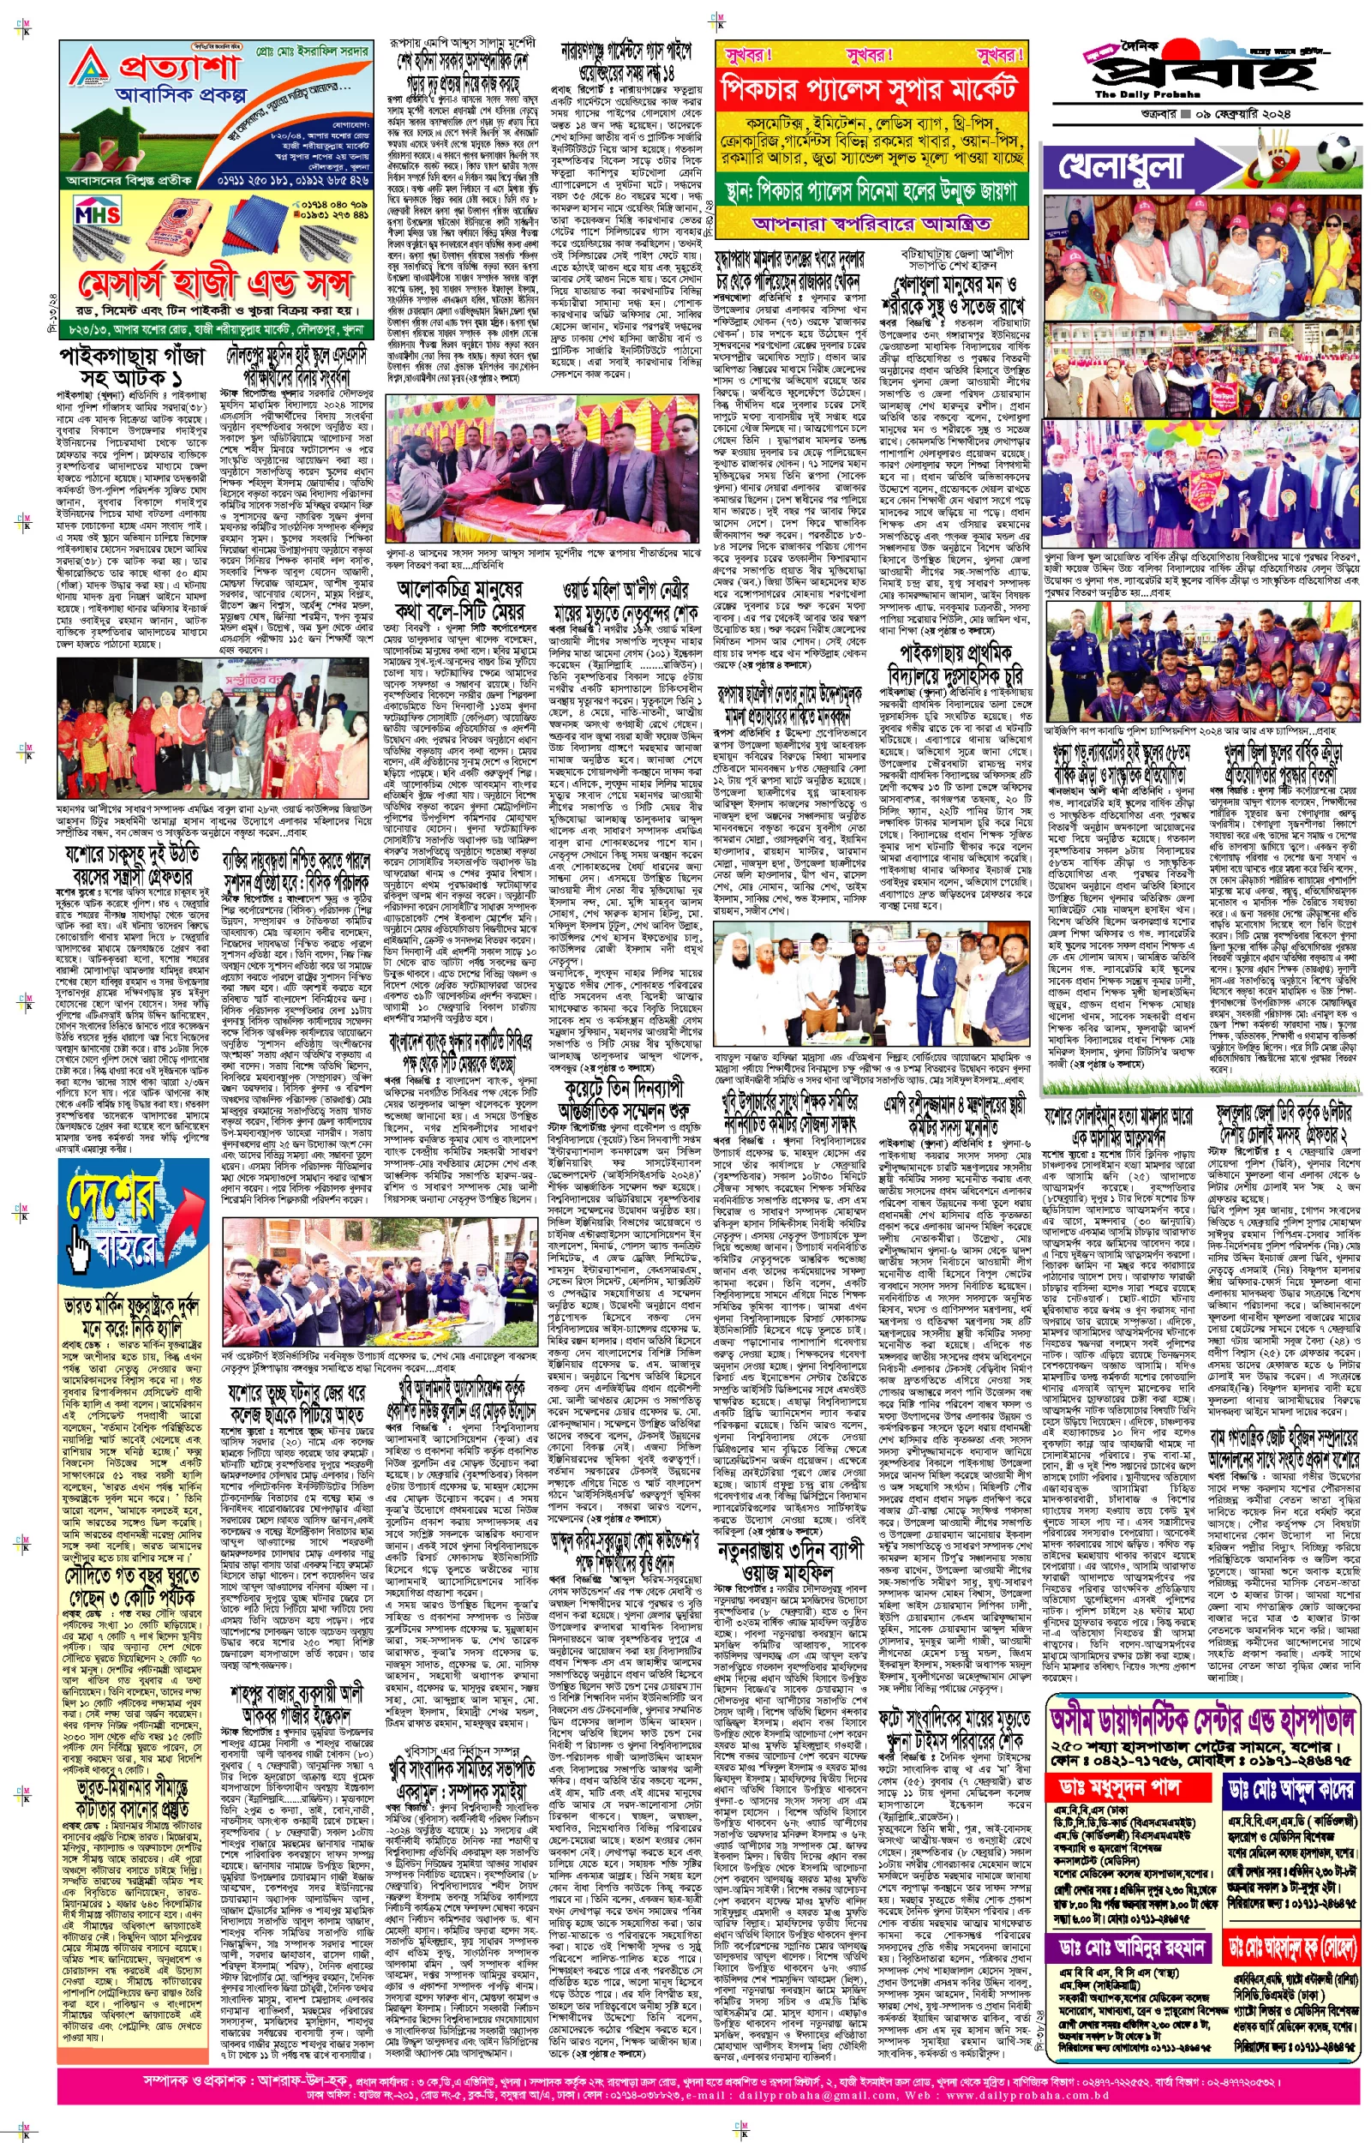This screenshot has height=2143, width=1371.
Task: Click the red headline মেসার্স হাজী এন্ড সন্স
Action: (x=214, y=282)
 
